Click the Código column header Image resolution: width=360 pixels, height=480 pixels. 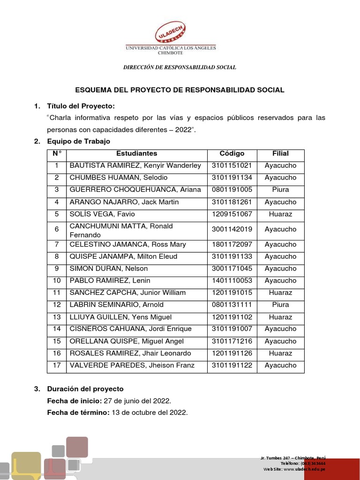[232, 153]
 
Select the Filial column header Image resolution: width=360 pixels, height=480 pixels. [280, 153]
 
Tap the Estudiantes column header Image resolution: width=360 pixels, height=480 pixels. [136, 153]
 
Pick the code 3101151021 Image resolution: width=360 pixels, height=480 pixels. [232, 165]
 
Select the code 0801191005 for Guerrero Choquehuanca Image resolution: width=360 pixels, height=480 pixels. [232, 190]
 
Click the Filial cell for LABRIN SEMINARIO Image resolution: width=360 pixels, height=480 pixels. [280, 305]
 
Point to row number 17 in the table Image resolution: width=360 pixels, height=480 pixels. [57, 366]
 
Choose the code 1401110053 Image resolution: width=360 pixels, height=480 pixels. [232, 281]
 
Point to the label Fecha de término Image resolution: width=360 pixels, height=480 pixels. [78, 412]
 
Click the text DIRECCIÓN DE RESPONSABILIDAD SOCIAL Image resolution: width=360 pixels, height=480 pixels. [180, 67]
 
